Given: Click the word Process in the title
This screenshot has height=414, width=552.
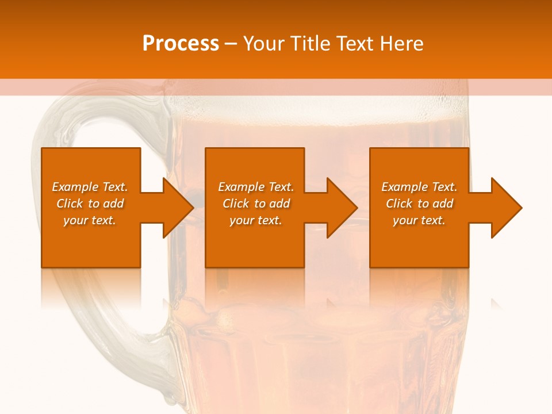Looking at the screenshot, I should (181, 44).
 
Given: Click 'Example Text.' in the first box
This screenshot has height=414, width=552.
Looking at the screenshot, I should (90, 187).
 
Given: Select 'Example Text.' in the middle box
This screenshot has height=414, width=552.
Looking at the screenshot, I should (256, 187).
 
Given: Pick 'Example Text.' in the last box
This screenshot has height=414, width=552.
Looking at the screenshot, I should (419, 187).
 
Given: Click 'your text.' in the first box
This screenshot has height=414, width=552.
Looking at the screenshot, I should (90, 220).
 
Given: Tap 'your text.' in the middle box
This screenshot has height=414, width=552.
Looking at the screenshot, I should (256, 220).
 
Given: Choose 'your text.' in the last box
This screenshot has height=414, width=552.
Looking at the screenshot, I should (419, 220).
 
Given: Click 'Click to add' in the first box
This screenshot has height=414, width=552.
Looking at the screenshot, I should (90, 204).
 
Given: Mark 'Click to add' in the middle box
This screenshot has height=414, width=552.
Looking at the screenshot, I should (256, 204).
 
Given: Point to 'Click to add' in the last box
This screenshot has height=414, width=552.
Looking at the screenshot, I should (419, 204).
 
